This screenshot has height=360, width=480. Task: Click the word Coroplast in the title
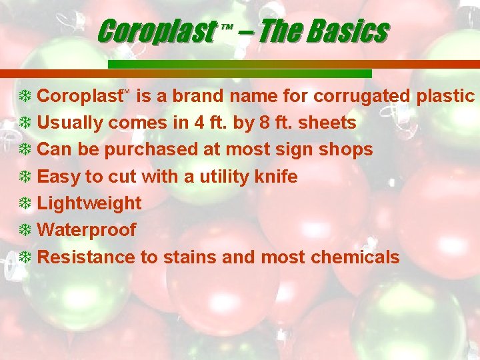point(157,31)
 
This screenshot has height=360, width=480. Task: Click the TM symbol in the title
point(225,27)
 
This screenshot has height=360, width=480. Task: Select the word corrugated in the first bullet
point(362,96)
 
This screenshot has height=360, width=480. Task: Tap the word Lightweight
point(89,203)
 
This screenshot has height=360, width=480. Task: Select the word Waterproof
point(87,230)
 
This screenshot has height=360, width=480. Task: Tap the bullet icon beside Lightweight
point(25,203)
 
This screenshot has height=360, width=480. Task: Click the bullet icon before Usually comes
point(25,123)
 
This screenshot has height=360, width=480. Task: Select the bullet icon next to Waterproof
point(25,230)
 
